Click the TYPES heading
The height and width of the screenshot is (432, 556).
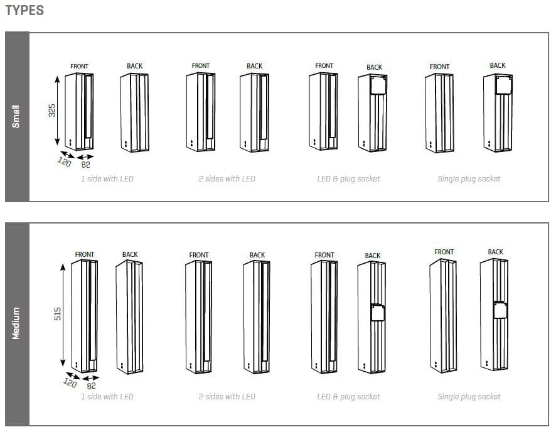(24, 11)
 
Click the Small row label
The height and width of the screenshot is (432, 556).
(16, 117)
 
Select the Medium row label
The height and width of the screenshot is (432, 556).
(16, 323)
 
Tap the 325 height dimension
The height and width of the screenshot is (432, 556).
(52, 110)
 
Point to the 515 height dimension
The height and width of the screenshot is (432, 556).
(57, 315)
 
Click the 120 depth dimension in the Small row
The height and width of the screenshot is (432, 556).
(64, 161)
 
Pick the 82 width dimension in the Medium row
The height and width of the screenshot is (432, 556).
(92, 386)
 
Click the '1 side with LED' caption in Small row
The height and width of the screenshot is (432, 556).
(107, 179)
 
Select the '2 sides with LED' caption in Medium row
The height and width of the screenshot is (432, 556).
(227, 397)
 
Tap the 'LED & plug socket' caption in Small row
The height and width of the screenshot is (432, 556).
(348, 179)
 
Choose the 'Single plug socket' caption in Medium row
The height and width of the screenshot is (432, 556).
(469, 397)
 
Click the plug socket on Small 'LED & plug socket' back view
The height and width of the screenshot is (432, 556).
(375, 85)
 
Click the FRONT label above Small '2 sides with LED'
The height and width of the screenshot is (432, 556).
(201, 66)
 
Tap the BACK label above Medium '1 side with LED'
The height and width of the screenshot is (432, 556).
(130, 254)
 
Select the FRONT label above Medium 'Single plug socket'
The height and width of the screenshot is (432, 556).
(444, 252)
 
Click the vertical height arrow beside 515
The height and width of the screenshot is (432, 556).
(63, 315)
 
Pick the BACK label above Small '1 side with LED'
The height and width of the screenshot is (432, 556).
(134, 66)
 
